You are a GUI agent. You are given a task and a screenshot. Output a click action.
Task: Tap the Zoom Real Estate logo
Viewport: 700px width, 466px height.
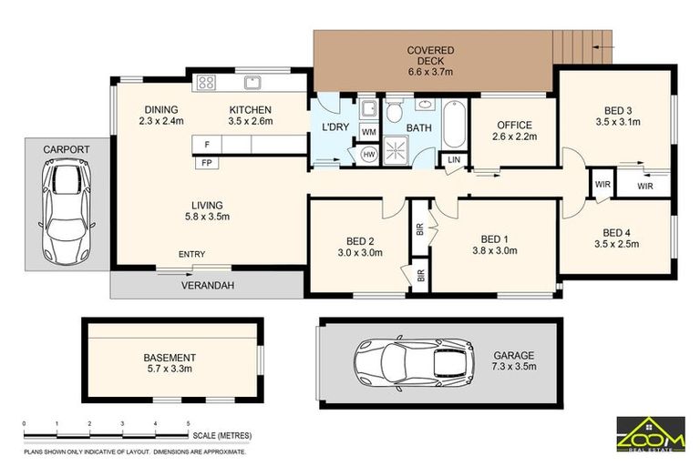point(650,434)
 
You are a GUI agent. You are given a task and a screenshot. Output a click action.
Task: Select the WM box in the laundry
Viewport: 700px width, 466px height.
point(369,133)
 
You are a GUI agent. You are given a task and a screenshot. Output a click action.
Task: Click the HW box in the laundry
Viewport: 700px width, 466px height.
point(369,155)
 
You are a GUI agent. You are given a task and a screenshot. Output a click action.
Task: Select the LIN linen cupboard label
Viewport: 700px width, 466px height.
point(454,161)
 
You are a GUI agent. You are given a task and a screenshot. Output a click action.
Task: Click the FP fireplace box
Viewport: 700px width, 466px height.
point(207,162)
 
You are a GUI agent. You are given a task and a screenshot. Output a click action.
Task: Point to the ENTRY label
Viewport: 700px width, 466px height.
point(191,254)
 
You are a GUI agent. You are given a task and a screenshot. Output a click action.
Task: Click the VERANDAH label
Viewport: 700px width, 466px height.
point(212,285)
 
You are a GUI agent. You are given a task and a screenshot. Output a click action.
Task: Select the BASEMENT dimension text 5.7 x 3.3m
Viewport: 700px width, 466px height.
point(169,369)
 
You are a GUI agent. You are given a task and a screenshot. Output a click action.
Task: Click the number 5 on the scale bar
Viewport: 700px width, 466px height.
point(188,425)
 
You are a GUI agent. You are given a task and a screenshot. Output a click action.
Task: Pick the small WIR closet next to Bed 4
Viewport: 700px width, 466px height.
point(602,185)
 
